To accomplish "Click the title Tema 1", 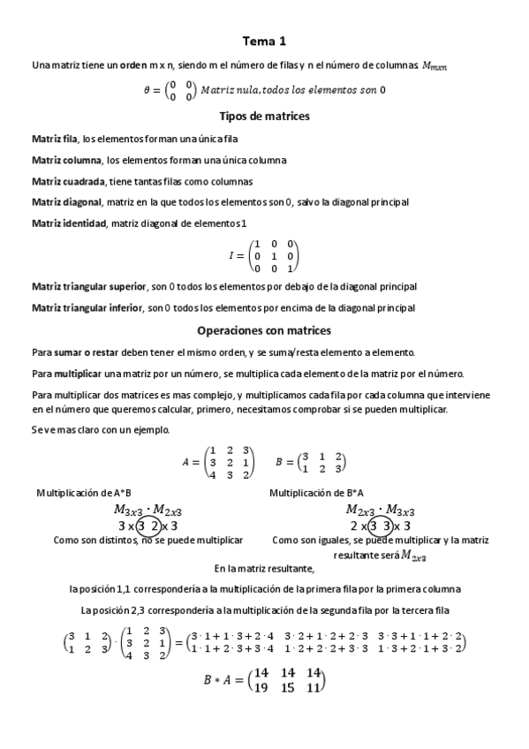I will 264,41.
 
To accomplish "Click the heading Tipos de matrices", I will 264,116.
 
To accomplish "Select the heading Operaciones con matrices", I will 264,330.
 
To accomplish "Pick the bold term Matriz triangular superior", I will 89,287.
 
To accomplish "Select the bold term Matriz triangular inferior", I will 88,308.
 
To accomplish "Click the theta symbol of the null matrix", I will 147,89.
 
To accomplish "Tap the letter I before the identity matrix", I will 232,255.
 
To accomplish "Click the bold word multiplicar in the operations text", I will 73,373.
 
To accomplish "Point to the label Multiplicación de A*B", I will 84,493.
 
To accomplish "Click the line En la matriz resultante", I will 264,569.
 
